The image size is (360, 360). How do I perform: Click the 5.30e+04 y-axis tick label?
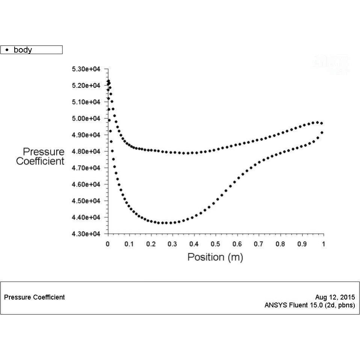pyautogui.click(x=86, y=69)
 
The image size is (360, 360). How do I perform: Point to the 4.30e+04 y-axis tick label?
pyautogui.click(x=86, y=234)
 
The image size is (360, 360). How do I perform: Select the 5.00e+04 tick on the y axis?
pyautogui.click(x=86, y=119)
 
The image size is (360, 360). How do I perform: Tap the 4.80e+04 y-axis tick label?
pyautogui.click(x=86, y=151)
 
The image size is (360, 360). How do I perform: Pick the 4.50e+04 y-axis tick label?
pyautogui.click(x=86, y=201)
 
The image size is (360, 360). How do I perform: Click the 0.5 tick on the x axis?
pyautogui.click(x=215, y=244)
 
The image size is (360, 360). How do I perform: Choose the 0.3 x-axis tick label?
pyautogui.click(x=172, y=244)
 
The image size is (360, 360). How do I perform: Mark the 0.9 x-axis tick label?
pyautogui.click(x=302, y=244)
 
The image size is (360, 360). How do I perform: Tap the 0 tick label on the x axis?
pyautogui.click(x=108, y=244)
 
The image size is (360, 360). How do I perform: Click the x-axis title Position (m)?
pyautogui.click(x=215, y=257)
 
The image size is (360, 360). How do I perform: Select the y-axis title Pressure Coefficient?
pyautogui.click(x=40, y=156)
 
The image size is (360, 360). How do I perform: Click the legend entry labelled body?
pyautogui.click(x=23, y=50)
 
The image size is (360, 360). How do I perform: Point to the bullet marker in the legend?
pyautogui.click(x=7, y=50)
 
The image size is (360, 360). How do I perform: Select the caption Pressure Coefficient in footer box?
pyautogui.click(x=34, y=297)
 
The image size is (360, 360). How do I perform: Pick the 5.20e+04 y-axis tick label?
pyautogui.click(x=86, y=86)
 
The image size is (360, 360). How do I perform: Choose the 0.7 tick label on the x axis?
pyautogui.click(x=259, y=244)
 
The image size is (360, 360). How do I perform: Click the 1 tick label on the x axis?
pyautogui.click(x=324, y=244)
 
